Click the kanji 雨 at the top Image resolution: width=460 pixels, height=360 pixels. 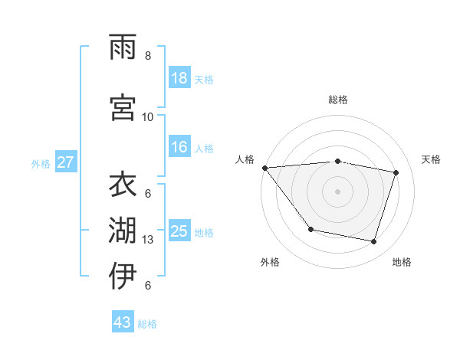[123, 49]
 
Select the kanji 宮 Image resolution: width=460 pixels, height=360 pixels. [123, 108]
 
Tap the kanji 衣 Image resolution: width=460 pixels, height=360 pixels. [123, 186]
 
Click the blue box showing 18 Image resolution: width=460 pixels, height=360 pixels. [179, 77]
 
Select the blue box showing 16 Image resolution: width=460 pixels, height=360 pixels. [179, 147]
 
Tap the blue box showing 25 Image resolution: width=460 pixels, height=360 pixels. [179, 231]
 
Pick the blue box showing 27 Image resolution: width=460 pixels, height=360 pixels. [65, 162]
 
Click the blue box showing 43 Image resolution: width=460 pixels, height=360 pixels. [123, 322]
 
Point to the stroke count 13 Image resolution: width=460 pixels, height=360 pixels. [148, 240]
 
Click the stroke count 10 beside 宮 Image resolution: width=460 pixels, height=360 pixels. [148, 117]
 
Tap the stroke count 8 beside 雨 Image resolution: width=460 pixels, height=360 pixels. [148, 56]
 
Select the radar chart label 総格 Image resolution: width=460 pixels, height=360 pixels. [338, 100]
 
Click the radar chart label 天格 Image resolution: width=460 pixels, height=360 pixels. [432, 159]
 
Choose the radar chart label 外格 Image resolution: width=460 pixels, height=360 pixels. [270, 262]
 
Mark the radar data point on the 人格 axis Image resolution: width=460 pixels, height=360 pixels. [264, 168]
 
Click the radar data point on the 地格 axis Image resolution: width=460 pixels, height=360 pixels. [373, 242]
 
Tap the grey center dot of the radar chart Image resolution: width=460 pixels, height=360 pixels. [337, 191]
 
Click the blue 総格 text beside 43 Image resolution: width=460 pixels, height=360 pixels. [147, 324]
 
